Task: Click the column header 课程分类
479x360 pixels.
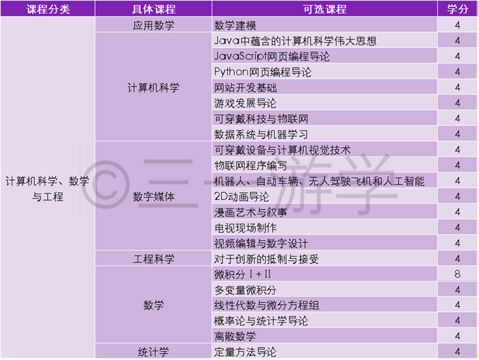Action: point(48,9)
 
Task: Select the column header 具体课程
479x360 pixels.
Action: point(154,9)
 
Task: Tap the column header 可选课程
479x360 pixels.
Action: point(325,9)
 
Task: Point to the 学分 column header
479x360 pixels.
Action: point(457,9)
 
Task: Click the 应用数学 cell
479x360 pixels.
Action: point(153,25)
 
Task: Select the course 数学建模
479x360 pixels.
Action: point(235,25)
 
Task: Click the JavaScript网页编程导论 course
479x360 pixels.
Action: point(272,57)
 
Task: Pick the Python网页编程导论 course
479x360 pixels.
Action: point(263,72)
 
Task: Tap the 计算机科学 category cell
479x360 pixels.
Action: point(153,88)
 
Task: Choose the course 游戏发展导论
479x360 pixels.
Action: point(245,103)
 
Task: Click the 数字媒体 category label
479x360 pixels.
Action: point(153,196)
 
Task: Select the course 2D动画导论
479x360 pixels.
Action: point(242,196)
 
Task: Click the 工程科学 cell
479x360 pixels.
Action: point(153,259)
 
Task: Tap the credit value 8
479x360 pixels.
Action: point(457,274)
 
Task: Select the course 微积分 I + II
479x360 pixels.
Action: point(242,274)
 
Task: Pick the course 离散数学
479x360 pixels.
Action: point(235,337)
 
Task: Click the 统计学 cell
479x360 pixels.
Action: point(153,352)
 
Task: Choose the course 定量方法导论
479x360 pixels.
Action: point(245,352)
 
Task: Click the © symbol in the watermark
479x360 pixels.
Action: point(106,185)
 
